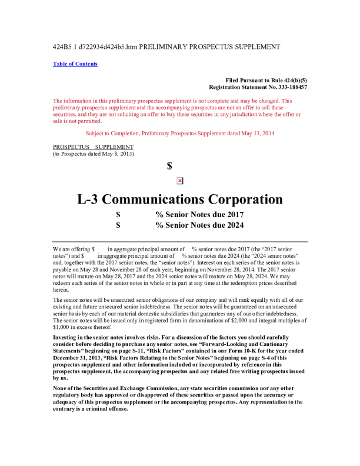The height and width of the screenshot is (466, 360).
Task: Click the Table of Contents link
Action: (75, 64)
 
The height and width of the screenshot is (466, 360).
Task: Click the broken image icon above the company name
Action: (180, 181)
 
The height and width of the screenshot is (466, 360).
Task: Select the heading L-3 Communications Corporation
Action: (180, 199)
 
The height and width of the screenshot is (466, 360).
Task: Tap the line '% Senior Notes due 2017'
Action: (199, 215)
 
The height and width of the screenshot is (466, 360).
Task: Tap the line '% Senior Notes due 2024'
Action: (199, 225)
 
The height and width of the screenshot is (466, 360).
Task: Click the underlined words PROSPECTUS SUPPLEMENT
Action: (93, 147)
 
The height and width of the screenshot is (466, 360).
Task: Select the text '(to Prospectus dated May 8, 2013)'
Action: (94, 154)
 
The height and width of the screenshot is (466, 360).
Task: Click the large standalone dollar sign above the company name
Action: (169, 167)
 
